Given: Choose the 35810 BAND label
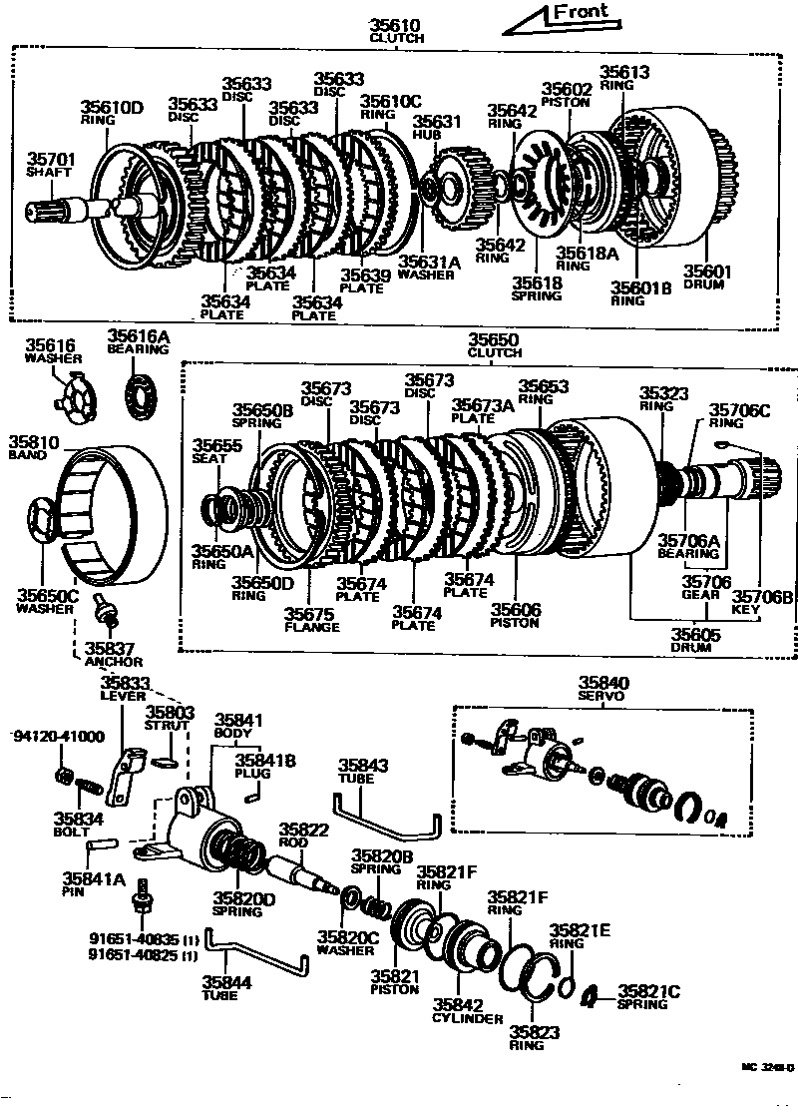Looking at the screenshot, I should point(35,446).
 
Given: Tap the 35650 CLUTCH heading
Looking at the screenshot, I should point(495,345).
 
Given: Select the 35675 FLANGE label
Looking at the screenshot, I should point(311,620).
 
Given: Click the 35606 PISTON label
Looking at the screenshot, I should point(515,614).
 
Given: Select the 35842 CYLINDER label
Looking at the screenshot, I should point(468,1010).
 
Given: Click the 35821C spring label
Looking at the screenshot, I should point(648,996).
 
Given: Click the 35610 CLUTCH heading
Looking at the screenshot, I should point(397,31).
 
